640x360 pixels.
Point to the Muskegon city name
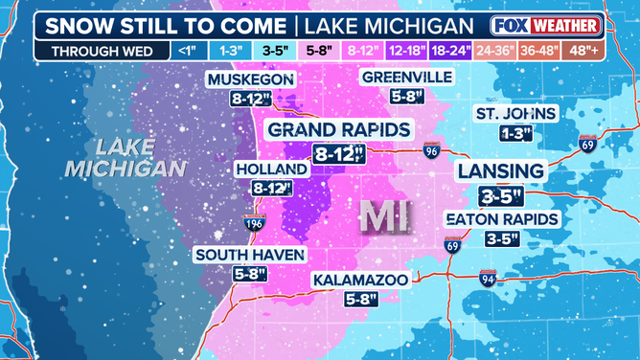248,79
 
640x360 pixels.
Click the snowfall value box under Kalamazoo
360,299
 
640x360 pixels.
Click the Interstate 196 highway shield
253,224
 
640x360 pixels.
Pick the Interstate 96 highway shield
431,150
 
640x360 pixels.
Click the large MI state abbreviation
382,217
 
